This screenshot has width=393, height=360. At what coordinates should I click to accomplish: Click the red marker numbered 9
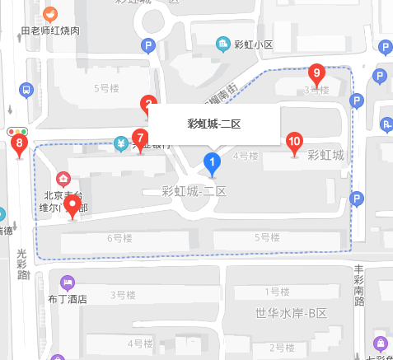coord(316,74)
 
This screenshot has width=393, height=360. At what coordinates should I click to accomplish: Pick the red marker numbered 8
coord(20,146)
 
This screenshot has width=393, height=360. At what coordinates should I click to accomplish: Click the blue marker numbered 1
coord(213,162)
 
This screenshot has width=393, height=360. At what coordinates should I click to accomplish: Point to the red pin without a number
coord(73,205)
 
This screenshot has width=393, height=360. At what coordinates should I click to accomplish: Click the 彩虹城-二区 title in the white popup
coord(213,124)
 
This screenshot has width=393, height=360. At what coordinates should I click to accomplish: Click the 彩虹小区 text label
coord(253,44)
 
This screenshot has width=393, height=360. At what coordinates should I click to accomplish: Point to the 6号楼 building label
coord(119,238)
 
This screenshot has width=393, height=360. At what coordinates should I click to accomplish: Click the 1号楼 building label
coord(278,292)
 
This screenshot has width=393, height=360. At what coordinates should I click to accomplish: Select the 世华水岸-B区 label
coord(292,313)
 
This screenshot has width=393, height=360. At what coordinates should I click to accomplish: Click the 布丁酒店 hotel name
coord(68,299)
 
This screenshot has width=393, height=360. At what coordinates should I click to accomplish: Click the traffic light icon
coord(16,131)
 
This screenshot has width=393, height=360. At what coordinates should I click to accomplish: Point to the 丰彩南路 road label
coord(359,285)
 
